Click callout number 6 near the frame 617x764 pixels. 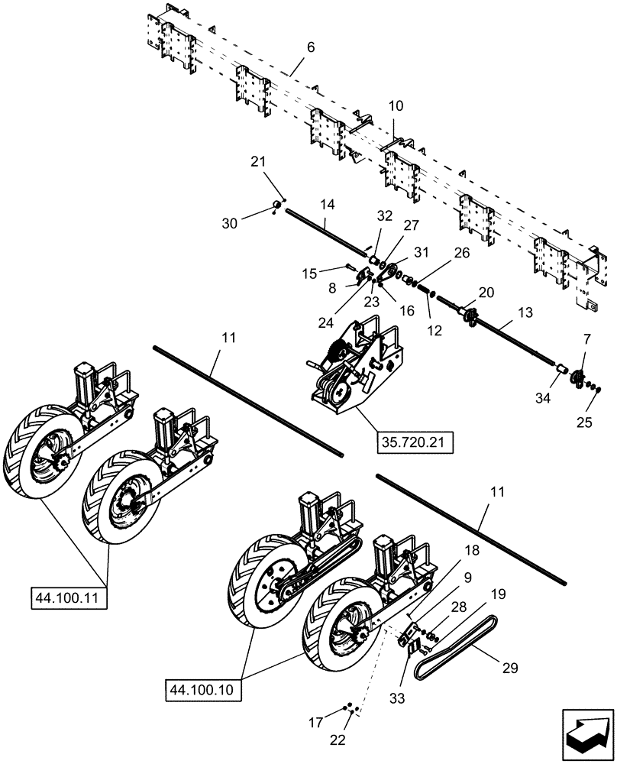(310, 48)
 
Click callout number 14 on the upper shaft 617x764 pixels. (327, 206)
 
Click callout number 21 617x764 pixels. (257, 162)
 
